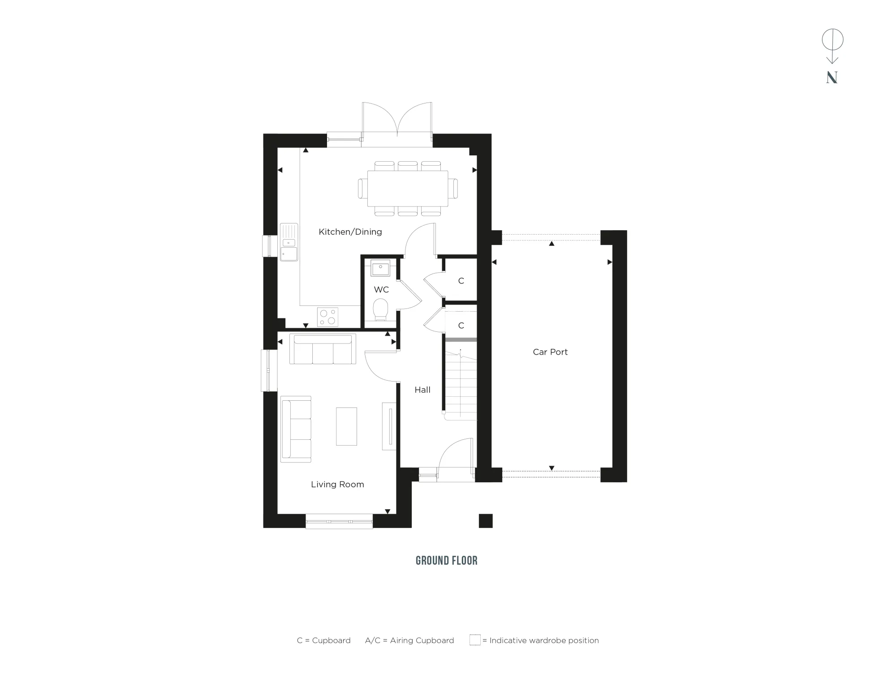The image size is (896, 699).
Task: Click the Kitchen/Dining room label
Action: point(350,232)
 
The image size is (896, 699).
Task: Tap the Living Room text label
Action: point(337,484)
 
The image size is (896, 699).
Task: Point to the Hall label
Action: point(422,390)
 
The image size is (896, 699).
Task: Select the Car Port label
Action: point(550,352)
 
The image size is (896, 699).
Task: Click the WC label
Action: point(381,289)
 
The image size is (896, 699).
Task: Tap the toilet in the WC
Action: point(380,309)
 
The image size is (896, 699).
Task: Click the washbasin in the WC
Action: point(380,269)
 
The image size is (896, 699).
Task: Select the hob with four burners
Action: point(327,317)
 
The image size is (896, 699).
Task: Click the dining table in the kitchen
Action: point(407,189)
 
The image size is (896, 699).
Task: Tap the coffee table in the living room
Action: point(346,426)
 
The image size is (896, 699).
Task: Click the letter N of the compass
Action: point(832,78)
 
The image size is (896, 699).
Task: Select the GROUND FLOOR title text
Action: point(446,561)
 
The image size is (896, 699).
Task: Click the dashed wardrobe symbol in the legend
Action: point(475,640)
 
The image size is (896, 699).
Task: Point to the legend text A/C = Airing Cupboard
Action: point(409,640)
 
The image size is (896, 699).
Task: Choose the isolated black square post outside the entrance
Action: point(486,521)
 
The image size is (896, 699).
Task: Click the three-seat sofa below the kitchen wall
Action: point(323,349)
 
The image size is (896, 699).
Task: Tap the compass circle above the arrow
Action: point(832,39)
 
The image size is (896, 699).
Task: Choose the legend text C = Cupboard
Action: point(323,640)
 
